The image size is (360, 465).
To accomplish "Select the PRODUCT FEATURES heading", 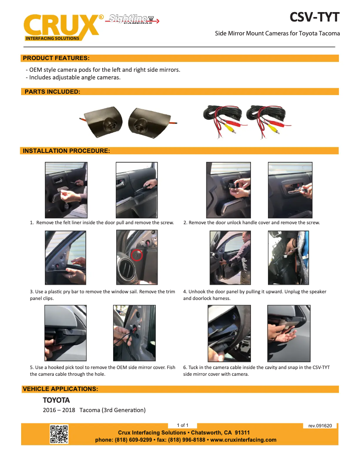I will click(x=56, y=58).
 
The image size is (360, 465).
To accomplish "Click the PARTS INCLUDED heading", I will click(x=53, y=91).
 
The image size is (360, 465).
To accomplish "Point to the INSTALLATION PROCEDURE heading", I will click(x=66, y=151).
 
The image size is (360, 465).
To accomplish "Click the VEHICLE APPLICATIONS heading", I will click(x=61, y=389).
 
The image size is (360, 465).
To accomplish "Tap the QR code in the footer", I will click(x=59, y=434).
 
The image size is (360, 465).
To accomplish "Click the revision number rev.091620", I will click(x=320, y=426).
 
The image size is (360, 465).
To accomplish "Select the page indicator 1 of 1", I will click(x=183, y=425).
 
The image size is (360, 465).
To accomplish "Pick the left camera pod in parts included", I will click(x=104, y=122).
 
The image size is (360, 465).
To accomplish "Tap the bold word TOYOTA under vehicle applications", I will click(x=56, y=400).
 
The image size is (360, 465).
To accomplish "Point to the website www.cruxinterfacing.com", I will click(x=243, y=440).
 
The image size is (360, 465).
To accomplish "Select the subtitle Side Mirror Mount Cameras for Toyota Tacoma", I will click(x=277, y=34).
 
